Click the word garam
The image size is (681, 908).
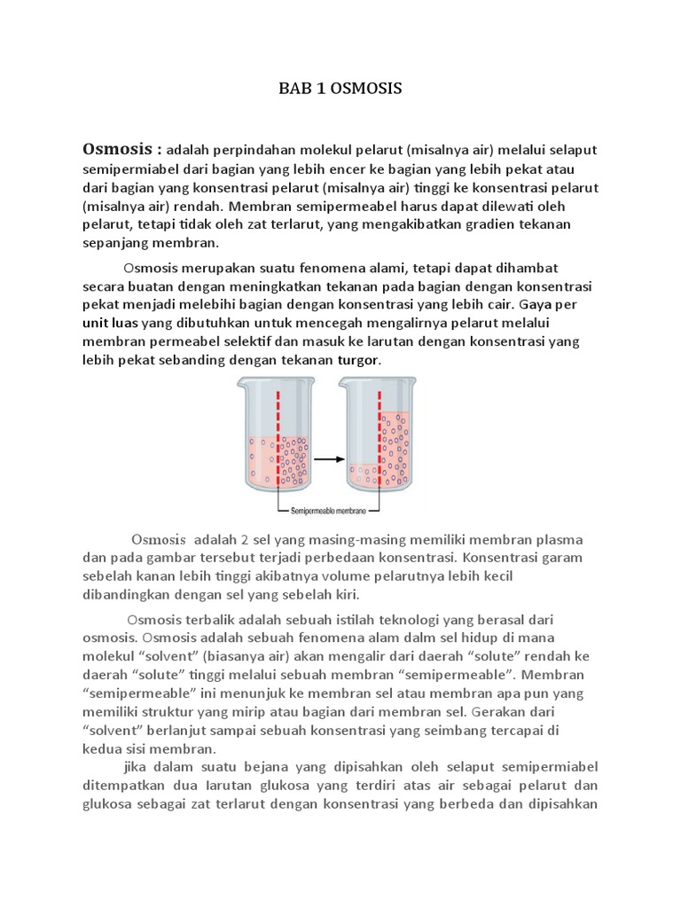click(559, 559)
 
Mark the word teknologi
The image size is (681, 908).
click(461, 619)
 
